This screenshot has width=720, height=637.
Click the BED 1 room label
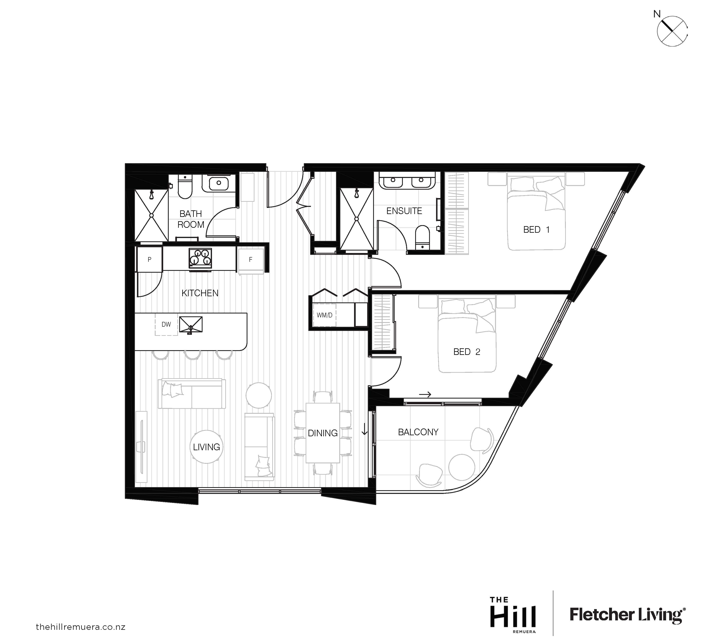click(x=536, y=230)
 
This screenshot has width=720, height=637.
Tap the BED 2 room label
click(x=467, y=352)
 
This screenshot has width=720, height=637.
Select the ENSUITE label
click(x=404, y=211)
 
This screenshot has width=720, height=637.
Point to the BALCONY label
click(x=418, y=432)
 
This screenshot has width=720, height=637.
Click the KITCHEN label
click(x=200, y=293)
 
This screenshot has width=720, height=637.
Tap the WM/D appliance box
click(x=324, y=315)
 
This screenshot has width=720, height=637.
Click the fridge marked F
click(x=251, y=260)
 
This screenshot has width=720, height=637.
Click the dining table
click(x=323, y=433)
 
